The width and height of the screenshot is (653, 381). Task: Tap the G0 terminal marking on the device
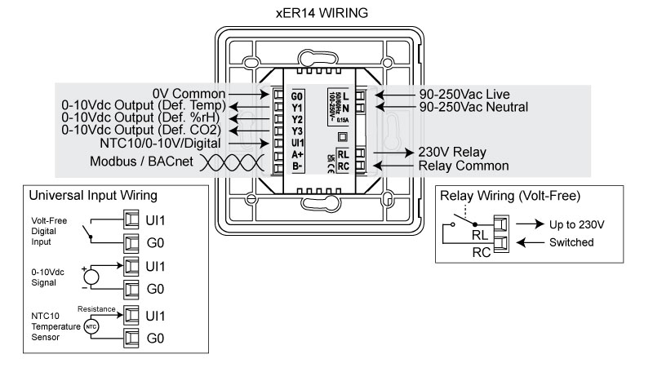tap(296, 95)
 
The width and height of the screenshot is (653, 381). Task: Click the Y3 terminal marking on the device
tap(296, 130)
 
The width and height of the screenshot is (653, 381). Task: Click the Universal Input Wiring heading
tap(92, 197)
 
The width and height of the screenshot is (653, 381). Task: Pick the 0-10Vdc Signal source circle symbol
tap(92, 275)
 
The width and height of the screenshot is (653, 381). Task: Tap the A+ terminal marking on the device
tap(296, 154)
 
